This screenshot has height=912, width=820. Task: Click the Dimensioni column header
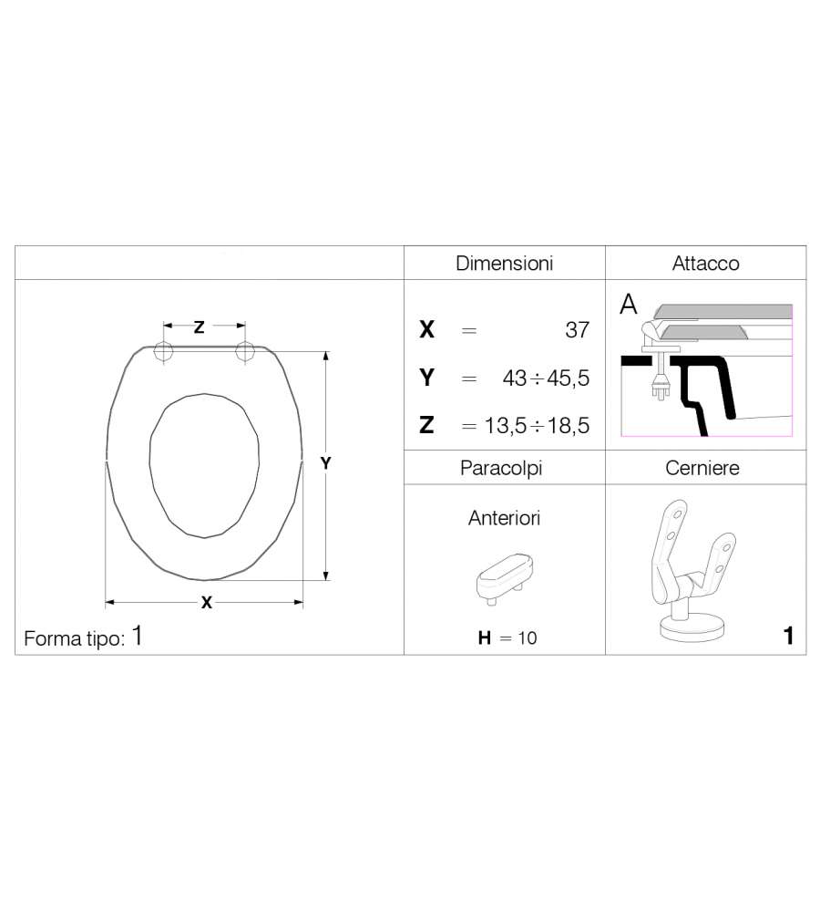coord(504,264)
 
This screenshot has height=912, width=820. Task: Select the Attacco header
coord(705,264)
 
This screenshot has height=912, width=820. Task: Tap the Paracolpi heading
coord(501,468)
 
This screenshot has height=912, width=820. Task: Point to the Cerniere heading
coord(702,468)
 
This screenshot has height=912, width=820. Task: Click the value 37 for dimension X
coord(577,330)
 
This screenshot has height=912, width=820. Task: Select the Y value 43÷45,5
coord(546,378)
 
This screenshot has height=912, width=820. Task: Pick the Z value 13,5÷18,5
coord(537,426)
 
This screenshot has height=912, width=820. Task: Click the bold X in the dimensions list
coord(426,330)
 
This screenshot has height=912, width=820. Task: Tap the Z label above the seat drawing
coord(199,326)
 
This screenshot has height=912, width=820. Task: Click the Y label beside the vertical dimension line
coord(325,463)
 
